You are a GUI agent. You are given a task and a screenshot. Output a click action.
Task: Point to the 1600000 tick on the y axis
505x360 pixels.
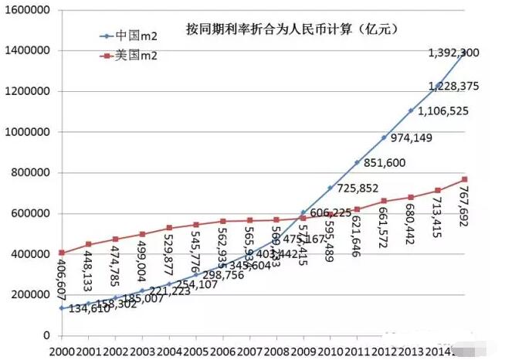[25, 10]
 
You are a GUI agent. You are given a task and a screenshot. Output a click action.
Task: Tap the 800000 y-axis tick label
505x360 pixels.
[29, 173]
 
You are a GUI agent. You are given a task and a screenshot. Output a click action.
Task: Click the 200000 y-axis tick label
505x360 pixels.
[29, 295]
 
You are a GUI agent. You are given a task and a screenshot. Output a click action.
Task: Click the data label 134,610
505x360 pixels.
[94, 310]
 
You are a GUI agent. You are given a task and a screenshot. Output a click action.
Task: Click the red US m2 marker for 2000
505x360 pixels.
[62, 253]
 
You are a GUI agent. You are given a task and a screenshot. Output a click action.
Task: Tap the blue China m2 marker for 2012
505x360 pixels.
[384, 138]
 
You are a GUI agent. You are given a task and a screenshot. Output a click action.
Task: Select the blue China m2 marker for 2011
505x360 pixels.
[357, 162]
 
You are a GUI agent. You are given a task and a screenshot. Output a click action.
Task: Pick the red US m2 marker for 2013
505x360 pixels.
[411, 197]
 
